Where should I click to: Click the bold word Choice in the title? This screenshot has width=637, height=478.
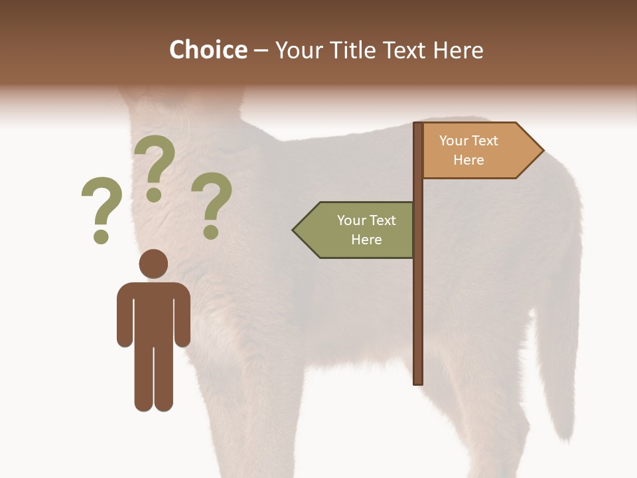(x=208, y=50)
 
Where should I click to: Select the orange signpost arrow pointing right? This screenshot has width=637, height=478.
(x=481, y=151)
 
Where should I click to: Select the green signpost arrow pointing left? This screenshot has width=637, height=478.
(x=355, y=230)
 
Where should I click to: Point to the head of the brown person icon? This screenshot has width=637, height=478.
(x=153, y=264)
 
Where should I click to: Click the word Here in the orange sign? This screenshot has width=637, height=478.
(x=468, y=160)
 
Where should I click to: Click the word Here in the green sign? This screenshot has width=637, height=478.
(x=366, y=240)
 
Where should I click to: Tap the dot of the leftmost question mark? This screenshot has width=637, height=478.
(x=101, y=236)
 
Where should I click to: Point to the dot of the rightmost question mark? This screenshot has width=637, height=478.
(x=211, y=232)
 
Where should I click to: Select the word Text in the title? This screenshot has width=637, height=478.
(x=404, y=50)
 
